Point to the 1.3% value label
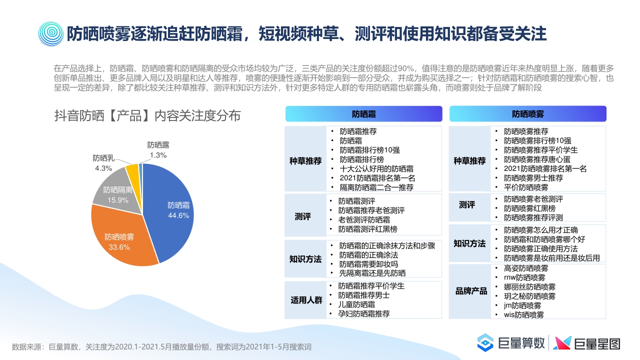pos(158,155)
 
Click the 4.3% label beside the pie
pos(103,168)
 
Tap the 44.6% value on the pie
pos(178,215)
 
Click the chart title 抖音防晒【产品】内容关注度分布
pos(147,116)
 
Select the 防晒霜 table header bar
pos(363,114)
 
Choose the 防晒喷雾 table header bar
pos(527,114)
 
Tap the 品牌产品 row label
pos(471,291)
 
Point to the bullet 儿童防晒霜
pos(356,304)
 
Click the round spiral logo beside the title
pos(51,33)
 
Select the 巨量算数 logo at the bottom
pos(510,343)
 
